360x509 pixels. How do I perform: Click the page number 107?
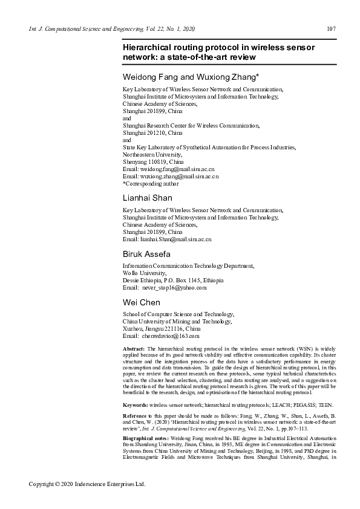(331, 28)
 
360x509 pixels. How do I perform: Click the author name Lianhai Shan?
(147, 198)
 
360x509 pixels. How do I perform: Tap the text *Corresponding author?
(151, 183)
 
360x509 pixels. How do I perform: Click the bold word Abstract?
(133, 349)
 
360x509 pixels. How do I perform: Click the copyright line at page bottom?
(88, 484)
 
